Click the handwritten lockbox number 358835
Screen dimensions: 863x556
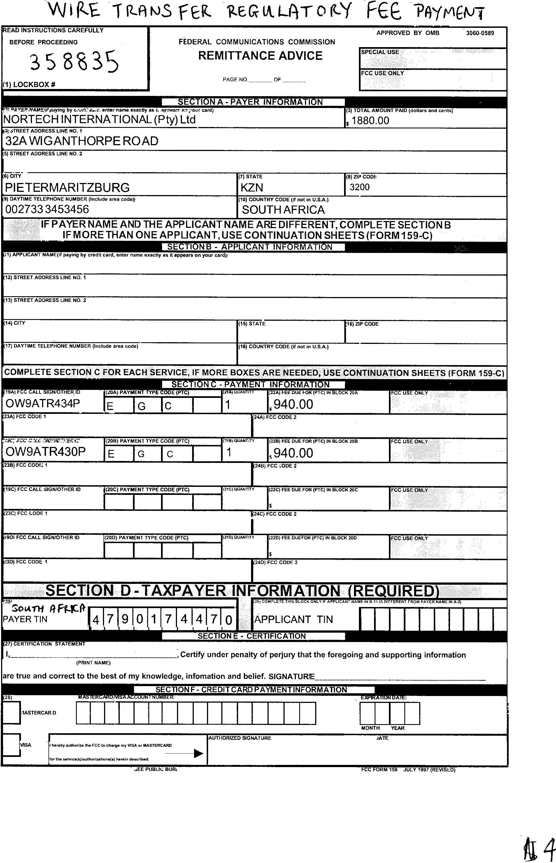pos(74,61)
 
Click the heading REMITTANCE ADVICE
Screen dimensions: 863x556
pos(260,56)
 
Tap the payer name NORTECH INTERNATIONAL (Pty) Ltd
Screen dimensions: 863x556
pos(99,119)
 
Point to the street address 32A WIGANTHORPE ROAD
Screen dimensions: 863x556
pos(82,141)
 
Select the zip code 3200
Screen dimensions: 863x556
pos(359,187)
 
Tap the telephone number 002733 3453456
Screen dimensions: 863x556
pos(47,209)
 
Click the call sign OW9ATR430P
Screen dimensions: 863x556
pos(45,452)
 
